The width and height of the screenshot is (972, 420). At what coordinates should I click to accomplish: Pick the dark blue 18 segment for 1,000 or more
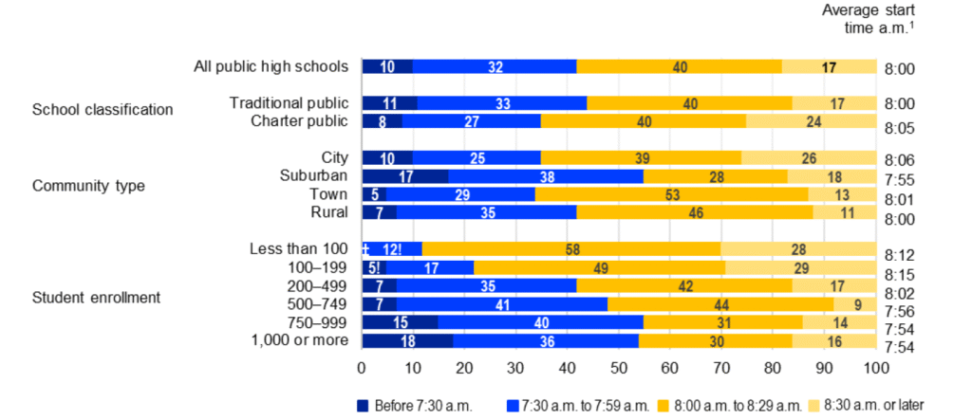click(407, 340)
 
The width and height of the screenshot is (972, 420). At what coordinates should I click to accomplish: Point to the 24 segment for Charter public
click(811, 120)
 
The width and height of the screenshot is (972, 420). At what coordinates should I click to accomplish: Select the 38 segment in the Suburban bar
click(546, 175)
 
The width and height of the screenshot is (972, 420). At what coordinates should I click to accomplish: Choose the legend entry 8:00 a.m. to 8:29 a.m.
click(737, 406)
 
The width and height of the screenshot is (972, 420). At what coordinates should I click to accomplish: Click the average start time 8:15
click(899, 274)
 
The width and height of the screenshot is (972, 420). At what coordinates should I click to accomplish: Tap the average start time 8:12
click(899, 256)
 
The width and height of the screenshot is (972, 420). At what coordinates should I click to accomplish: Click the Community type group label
click(88, 185)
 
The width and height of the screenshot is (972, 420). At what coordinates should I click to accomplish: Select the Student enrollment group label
click(96, 298)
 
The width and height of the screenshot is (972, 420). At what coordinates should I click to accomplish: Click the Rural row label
click(329, 211)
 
